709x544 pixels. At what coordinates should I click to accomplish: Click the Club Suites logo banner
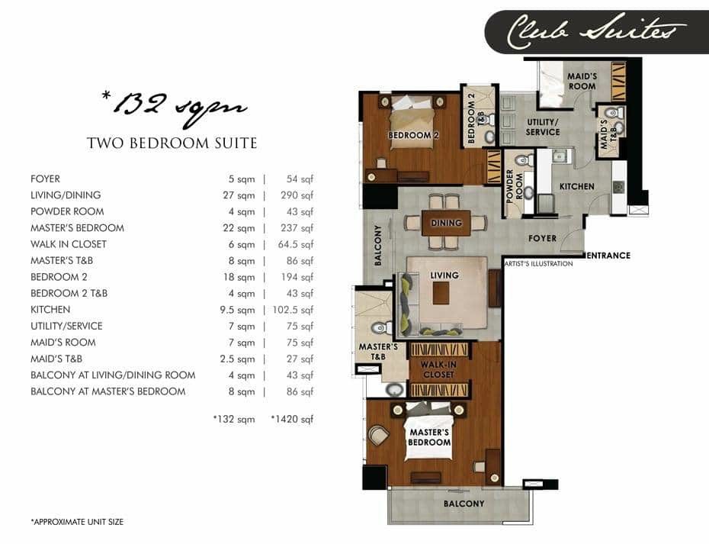(596, 32)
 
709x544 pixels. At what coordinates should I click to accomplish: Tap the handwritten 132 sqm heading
(174, 107)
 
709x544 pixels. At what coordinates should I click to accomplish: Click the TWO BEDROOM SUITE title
(172, 143)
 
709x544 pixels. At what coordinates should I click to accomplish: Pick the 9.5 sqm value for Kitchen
(237, 310)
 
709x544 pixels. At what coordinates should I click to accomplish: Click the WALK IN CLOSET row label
(69, 244)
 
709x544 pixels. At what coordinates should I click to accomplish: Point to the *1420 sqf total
(292, 419)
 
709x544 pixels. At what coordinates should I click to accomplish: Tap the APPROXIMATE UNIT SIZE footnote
(77, 522)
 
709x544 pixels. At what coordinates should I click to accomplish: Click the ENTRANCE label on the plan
(608, 256)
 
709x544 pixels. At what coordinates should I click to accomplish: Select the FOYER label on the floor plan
(543, 238)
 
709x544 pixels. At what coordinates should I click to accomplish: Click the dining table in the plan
(446, 223)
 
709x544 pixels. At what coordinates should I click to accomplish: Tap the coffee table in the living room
(441, 293)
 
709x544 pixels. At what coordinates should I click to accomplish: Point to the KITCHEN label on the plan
(577, 186)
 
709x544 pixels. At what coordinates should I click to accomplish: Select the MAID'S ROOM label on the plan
(582, 82)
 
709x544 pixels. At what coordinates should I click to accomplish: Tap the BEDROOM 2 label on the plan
(413, 135)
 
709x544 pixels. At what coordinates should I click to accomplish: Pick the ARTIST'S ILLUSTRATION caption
(539, 264)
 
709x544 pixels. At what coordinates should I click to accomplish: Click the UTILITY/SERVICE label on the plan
(543, 127)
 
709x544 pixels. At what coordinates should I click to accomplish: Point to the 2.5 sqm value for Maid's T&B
(237, 359)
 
